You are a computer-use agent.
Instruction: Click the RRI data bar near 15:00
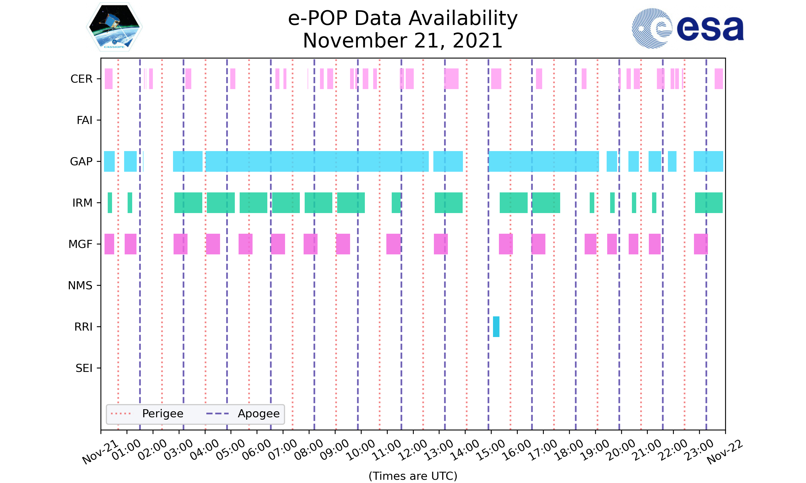[496, 327]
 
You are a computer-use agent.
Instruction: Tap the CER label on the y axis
[81, 79]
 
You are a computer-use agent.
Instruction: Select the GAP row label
[81, 162]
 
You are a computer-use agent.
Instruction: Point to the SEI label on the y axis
[84, 368]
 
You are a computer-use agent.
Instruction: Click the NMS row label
[80, 286]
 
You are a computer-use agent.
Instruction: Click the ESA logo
[688, 28]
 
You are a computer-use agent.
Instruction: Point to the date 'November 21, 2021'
[403, 41]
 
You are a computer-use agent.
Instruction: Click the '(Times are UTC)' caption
[413, 476]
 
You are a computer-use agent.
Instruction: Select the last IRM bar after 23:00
[708, 203]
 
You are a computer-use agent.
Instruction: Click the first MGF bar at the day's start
[109, 244]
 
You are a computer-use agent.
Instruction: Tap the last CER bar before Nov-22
[718, 79]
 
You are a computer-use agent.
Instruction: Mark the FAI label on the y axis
[84, 120]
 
